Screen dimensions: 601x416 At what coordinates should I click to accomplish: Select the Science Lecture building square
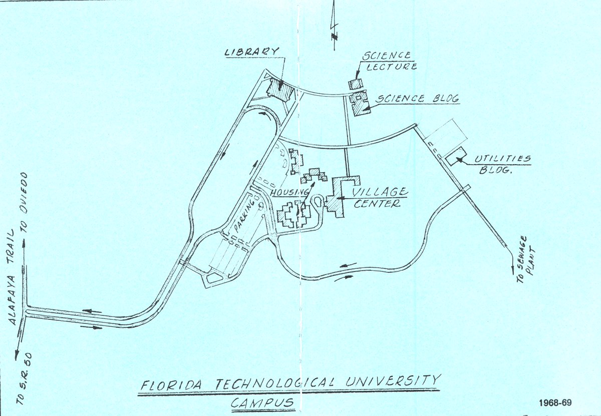(x=356, y=84)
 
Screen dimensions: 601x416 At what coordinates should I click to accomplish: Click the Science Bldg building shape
(x=359, y=103)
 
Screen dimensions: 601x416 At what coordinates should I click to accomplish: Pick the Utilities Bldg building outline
(x=455, y=157)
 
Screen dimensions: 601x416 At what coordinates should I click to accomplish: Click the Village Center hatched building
(x=339, y=197)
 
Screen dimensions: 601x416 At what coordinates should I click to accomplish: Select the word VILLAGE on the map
(x=380, y=192)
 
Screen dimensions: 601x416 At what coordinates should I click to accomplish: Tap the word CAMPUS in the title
(x=263, y=401)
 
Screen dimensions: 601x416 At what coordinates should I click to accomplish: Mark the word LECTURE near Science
(x=391, y=67)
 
